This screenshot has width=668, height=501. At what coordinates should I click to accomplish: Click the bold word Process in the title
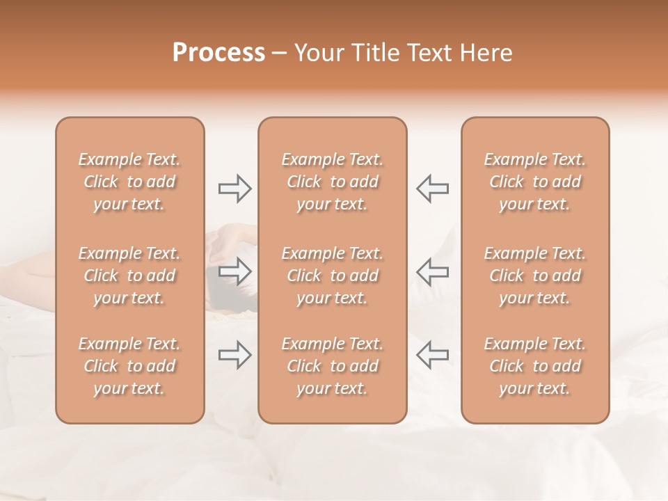[218, 53]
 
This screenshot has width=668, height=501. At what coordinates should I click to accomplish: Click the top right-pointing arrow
[235, 189]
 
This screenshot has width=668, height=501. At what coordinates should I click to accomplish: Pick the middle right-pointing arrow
[235, 271]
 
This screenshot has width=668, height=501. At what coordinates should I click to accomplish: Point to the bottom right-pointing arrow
[235, 355]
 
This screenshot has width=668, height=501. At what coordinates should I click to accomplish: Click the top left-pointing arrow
[432, 189]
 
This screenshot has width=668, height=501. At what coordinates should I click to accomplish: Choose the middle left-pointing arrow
[432, 271]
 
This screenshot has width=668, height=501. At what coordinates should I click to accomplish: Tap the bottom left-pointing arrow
[432, 355]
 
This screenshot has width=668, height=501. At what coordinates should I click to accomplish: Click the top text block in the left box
[129, 182]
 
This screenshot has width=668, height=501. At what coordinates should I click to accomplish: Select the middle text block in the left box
[129, 276]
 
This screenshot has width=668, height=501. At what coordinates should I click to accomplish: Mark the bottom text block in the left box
[129, 366]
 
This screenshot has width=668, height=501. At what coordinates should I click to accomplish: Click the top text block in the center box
[333, 182]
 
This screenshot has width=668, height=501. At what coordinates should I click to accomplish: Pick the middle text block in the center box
[333, 276]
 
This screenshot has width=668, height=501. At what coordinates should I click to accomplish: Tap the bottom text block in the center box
[333, 366]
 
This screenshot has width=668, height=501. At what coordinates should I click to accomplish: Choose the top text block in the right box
[535, 182]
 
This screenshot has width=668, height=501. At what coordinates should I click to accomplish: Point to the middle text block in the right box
[535, 276]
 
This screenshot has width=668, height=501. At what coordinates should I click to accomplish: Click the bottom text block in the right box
[535, 366]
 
